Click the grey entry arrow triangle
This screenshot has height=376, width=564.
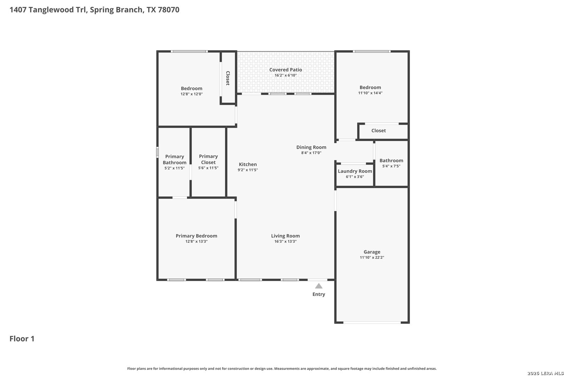pos(319,286)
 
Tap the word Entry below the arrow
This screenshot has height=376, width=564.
pos(319,295)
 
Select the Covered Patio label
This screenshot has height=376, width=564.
pos(285,70)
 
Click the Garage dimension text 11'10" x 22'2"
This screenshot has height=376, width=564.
pos(372,257)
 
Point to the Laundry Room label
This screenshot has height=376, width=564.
pos(355,171)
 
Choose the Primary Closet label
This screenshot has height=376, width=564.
pos(208,159)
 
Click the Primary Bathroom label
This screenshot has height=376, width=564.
pos(174,160)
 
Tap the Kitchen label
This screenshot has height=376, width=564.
pos(248,164)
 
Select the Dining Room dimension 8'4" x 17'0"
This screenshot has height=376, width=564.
pos(311,153)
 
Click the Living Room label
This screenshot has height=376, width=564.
pos(285,236)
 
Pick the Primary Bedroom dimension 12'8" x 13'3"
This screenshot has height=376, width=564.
pos(196,242)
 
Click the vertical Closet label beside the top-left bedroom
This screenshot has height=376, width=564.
pos(228,78)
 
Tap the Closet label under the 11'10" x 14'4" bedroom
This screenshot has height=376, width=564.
pos(378,131)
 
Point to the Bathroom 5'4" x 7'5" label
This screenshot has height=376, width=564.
pos(391,161)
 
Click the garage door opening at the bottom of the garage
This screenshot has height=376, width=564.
pos(372,322)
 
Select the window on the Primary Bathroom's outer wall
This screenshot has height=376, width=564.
pos(157,152)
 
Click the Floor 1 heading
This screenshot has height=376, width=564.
pos(22,339)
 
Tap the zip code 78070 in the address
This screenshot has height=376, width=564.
pos(169,10)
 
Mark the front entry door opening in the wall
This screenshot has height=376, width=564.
pos(318,280)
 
